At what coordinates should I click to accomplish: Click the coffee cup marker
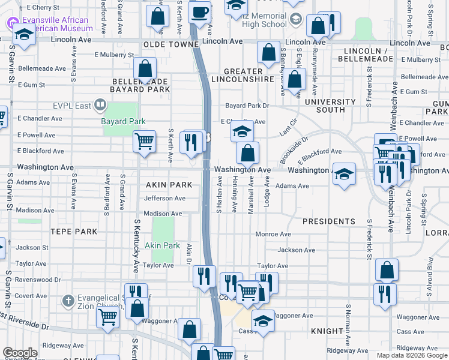(x=200, y=11)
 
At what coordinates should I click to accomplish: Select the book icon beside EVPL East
(x=100, y=106)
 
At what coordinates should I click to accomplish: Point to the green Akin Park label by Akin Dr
(x=163, y=245)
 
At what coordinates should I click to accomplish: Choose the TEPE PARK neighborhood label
(x=73, y=231)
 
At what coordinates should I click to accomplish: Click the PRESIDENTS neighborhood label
(x=328, y=221)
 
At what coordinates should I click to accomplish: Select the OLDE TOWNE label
(x=170, y=45)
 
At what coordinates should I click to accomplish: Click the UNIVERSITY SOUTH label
(x=330, y=106)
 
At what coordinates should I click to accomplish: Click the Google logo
(x=20, y=353)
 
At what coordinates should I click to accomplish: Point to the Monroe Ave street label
(x=273, y=234)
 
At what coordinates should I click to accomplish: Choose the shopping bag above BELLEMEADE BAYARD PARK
(x=145, y=70)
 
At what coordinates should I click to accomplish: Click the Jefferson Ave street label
(x=164, y=198)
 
